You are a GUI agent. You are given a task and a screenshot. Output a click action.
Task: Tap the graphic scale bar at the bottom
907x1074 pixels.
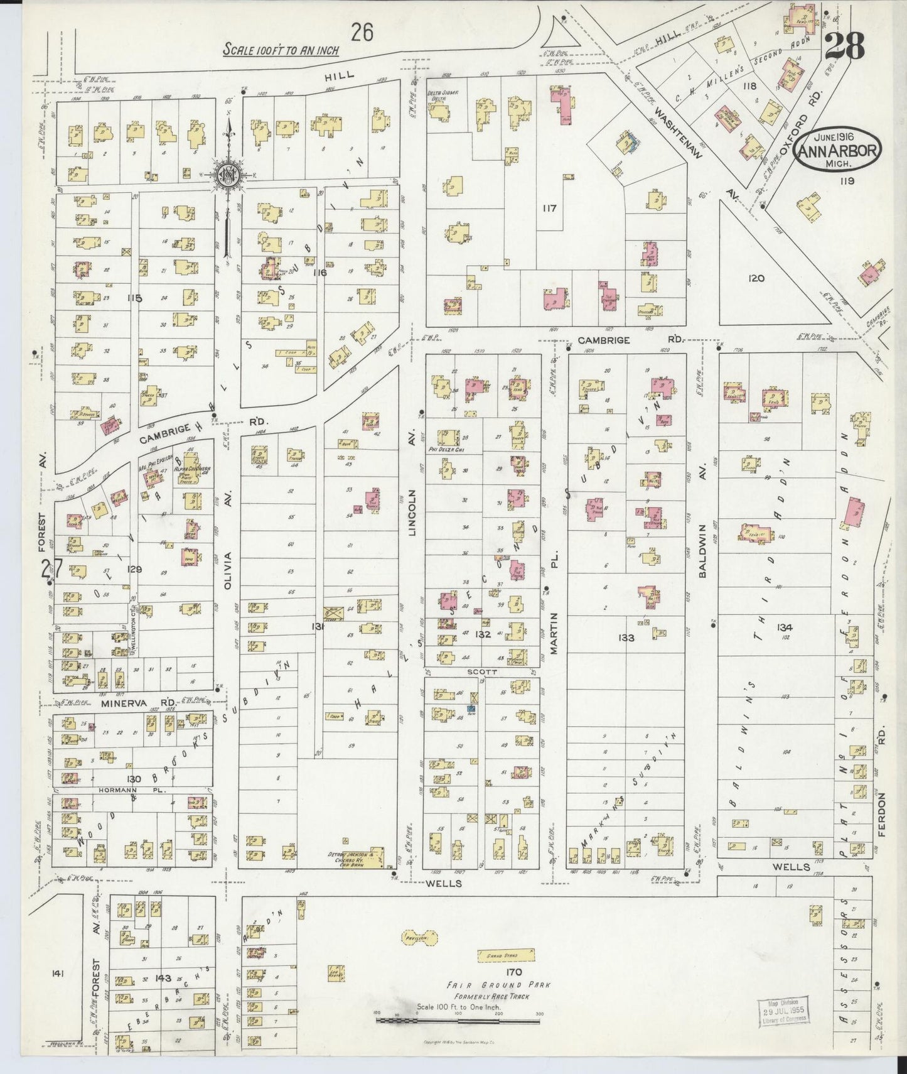[458, 1022]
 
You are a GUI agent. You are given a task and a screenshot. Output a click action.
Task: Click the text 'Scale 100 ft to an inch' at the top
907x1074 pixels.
[281, 49]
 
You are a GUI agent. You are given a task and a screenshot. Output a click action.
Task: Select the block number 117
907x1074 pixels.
[550, 207]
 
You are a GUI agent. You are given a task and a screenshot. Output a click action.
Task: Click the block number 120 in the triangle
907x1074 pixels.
[756, 278]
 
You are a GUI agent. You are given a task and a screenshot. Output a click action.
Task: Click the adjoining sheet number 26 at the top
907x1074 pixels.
[362, 31]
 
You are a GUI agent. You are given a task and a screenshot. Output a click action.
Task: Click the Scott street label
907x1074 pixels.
[482, 671]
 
